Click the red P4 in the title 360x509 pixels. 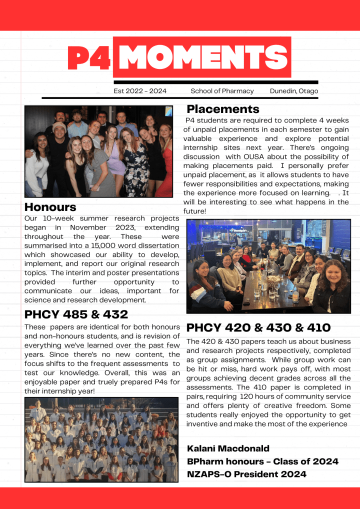(88, 58)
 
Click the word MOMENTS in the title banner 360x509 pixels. (202, 57)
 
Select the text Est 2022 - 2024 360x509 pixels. (140, 91)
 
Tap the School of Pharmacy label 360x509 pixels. (222, 91)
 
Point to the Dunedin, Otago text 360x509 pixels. (294, 91)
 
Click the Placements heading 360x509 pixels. (223, 109)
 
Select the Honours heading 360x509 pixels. (50, 207)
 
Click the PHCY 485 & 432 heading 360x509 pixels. (76, 314)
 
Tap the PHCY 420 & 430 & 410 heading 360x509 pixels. (258, 328)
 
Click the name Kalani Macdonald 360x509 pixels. (228, 448)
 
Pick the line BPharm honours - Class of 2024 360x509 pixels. (262, 461)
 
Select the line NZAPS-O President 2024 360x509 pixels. (246, 474)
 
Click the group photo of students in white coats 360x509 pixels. (101, 439)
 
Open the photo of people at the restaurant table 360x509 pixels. (268, 266)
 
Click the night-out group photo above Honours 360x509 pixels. (98, 151)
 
